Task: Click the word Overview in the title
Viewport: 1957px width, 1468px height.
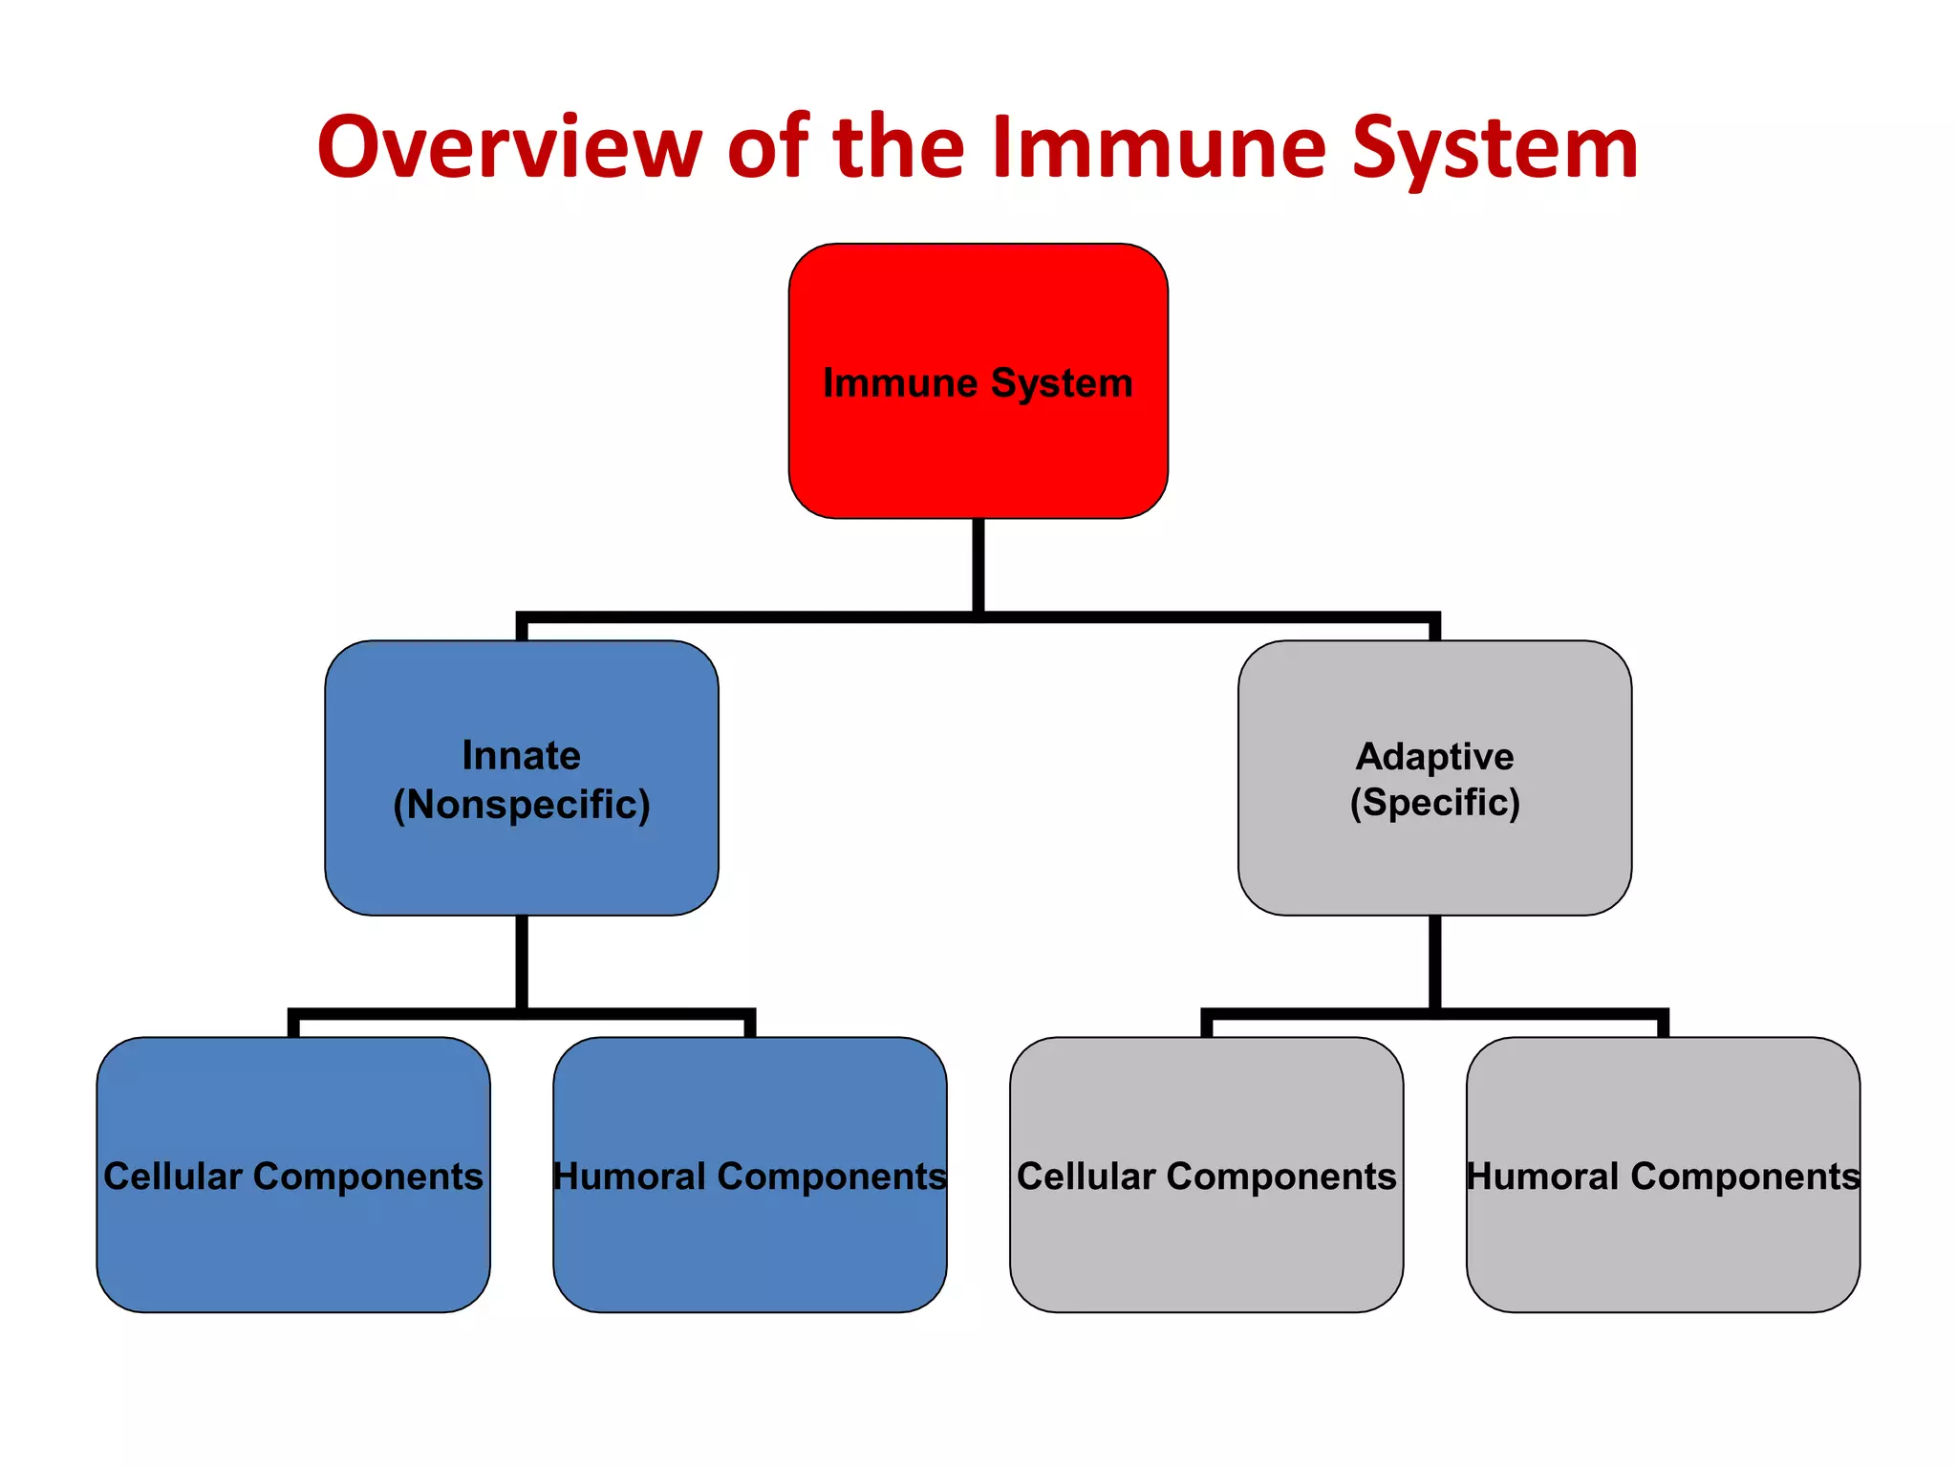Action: [509, 148]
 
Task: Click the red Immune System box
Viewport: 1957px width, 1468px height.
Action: [978, 449]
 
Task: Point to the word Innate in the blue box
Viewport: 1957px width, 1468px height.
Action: [521, 755]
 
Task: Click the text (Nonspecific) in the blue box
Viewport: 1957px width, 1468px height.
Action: [521, 805]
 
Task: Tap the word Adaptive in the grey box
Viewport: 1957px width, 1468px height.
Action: [1434, 756]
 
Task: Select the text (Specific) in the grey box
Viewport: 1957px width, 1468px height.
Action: [1434, 803]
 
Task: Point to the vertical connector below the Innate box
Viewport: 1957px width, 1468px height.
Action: [521, 961]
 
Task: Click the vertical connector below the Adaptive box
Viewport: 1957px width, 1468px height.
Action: [1434, 961]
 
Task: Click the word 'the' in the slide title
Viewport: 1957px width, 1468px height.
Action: [898, 148]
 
